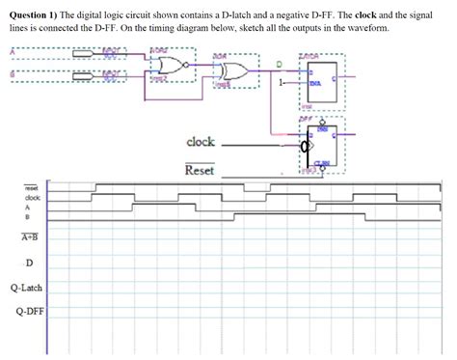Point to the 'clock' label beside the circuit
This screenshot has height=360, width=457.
[x=200, y=142]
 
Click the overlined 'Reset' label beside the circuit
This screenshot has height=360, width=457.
[x=199, y=171]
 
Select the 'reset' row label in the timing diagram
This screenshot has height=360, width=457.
[x=31, y=188]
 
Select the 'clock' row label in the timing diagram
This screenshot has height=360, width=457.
[x=32, y=198]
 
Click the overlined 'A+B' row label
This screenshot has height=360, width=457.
[x=28, y=235]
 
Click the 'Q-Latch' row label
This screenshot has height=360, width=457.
[x=26, y=288]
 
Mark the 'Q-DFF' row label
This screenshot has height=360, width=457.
[x=26, y=311]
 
